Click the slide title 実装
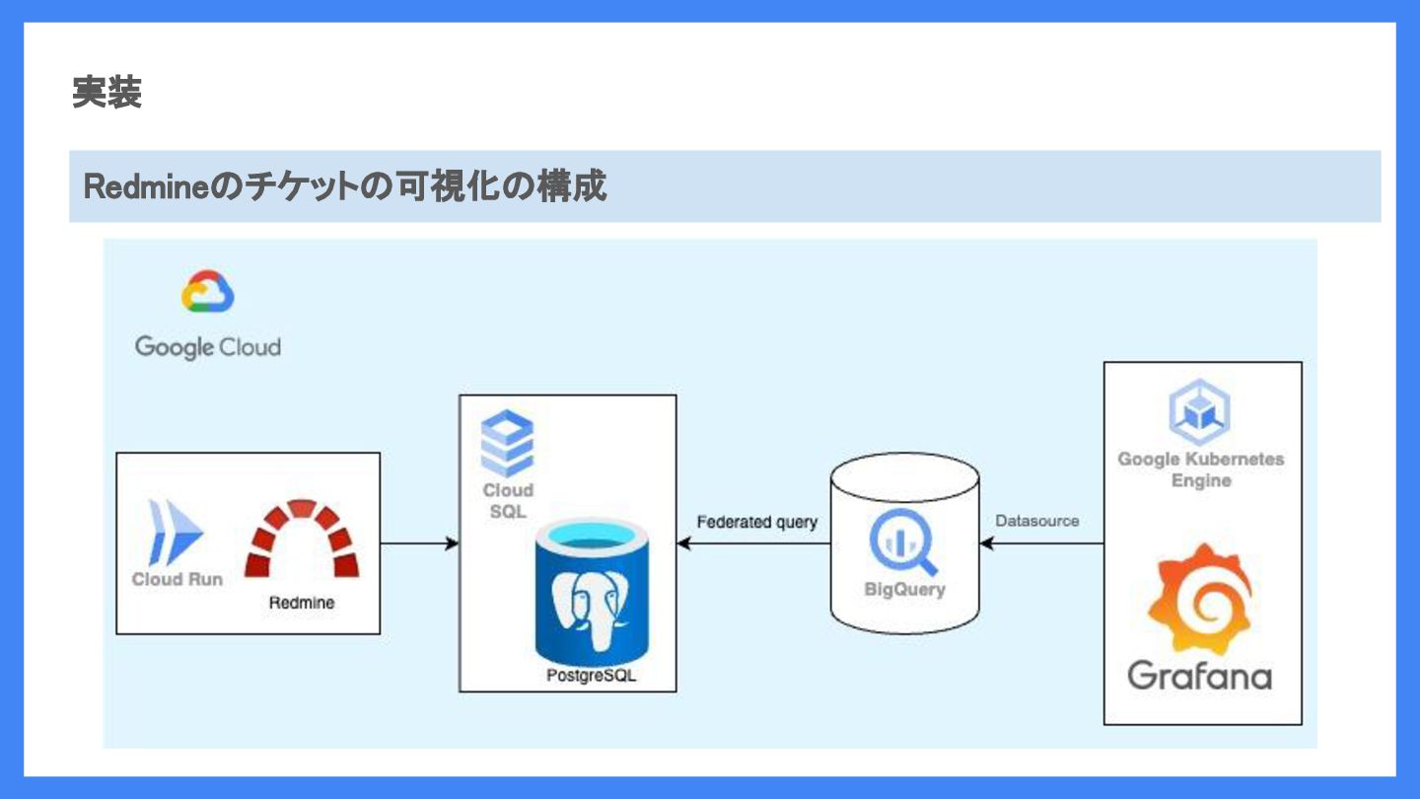(x=106, y=94)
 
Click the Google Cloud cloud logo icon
(x=207, y=292)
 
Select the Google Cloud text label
(x=208, y=347)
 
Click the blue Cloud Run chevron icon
(x=175, y=532)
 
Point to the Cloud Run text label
(x=177, y=579)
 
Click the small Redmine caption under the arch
(x=302, y=603)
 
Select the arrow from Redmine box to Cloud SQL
(x=419, y=543)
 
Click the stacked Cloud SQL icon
(x=507, y=444)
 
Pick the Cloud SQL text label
(x=508, y=501)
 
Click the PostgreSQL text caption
(x=592, y=677)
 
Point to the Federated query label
(x=756, y=522)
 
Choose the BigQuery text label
(x=904, y=590)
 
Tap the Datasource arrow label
(x=1037, y=521)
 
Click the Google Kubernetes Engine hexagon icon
(x=1199, y=413)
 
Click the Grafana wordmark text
(x=1199, y=676)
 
